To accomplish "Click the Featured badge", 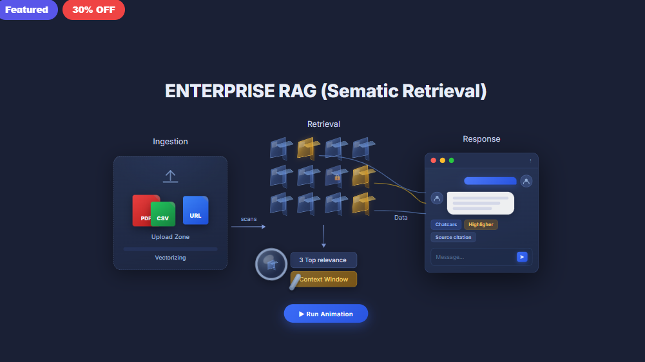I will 27,10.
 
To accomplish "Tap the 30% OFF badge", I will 93,10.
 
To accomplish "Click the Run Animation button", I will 325,314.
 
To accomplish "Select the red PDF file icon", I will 142,209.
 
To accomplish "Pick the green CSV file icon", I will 163,214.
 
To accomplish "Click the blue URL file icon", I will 195,211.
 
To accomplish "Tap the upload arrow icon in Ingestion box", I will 170,176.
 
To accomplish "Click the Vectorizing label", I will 170,258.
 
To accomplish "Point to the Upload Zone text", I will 170,237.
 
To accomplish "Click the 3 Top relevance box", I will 323,260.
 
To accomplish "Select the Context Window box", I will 323,280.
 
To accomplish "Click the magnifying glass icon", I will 271,264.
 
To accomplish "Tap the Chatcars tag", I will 446,225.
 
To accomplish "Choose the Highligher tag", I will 481,225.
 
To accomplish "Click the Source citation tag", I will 453,238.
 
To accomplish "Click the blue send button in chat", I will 522,257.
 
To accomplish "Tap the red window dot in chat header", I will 434,160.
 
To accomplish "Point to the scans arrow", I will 249,226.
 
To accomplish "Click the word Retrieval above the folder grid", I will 323,124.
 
